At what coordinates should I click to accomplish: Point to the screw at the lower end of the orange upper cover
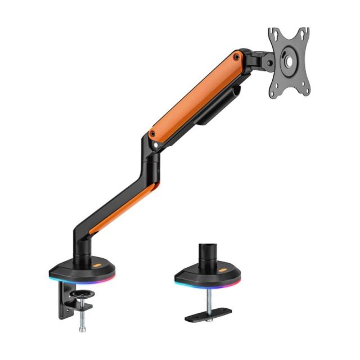point(152,134)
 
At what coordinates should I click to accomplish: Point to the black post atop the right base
point(207,252)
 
